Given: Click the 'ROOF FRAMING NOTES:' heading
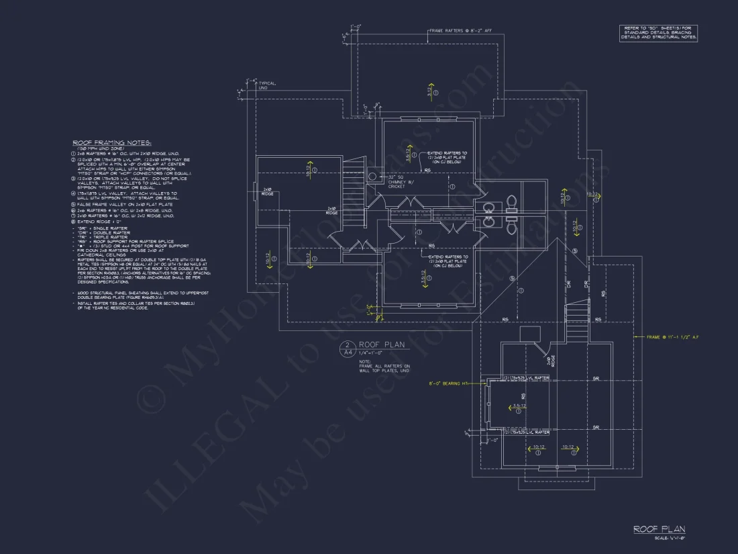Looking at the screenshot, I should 112,143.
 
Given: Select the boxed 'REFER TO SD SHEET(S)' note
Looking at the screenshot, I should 659,34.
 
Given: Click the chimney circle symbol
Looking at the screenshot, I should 373,176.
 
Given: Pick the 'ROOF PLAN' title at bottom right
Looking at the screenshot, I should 659,530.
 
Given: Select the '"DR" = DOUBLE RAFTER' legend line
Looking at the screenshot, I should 104,232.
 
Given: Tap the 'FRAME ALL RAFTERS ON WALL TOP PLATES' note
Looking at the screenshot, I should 384,366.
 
